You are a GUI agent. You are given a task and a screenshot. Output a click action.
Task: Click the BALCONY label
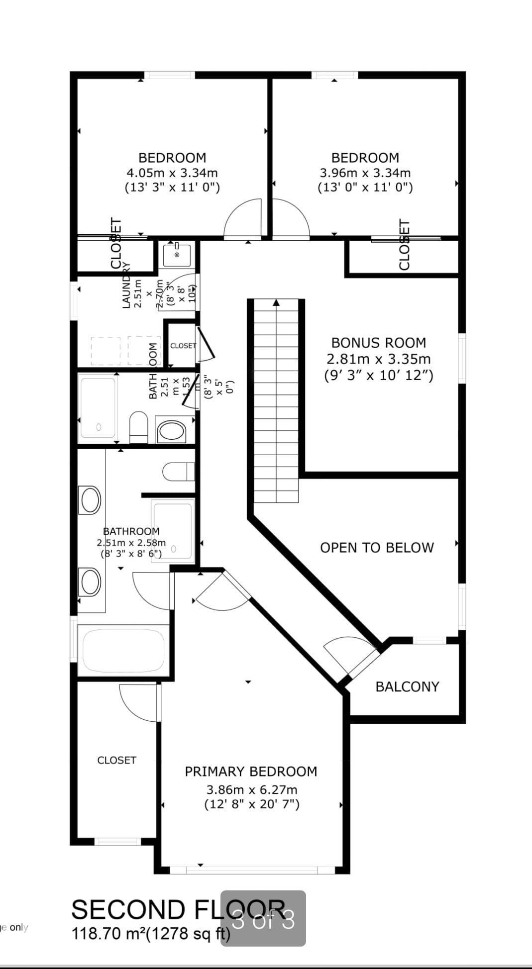(x=407, y=686)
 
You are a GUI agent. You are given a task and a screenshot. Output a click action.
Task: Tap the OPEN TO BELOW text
(x=377, y=548)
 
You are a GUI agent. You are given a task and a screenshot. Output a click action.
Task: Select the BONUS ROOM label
(x=378, y=343)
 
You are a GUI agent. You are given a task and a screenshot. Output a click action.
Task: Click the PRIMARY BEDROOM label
(x=251, y=772)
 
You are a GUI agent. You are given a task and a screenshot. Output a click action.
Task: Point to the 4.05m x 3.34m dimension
(x=172, y=173)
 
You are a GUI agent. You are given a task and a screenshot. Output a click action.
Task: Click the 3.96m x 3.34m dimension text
(x=365, y=173)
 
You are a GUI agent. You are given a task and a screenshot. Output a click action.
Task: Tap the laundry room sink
(x=177, y=254)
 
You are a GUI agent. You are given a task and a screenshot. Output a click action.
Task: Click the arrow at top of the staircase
(x=276, y=303)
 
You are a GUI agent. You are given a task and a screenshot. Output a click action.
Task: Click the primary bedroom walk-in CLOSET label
(x=116, y=760)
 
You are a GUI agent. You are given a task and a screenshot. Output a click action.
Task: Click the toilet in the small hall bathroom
(x=139, y=427)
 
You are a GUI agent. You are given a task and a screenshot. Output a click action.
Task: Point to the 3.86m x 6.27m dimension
(x=252, y=789)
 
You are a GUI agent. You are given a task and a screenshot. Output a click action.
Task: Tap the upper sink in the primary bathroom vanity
(x=90, y=499)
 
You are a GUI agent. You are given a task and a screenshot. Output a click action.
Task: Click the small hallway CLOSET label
(x=183, y=346)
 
